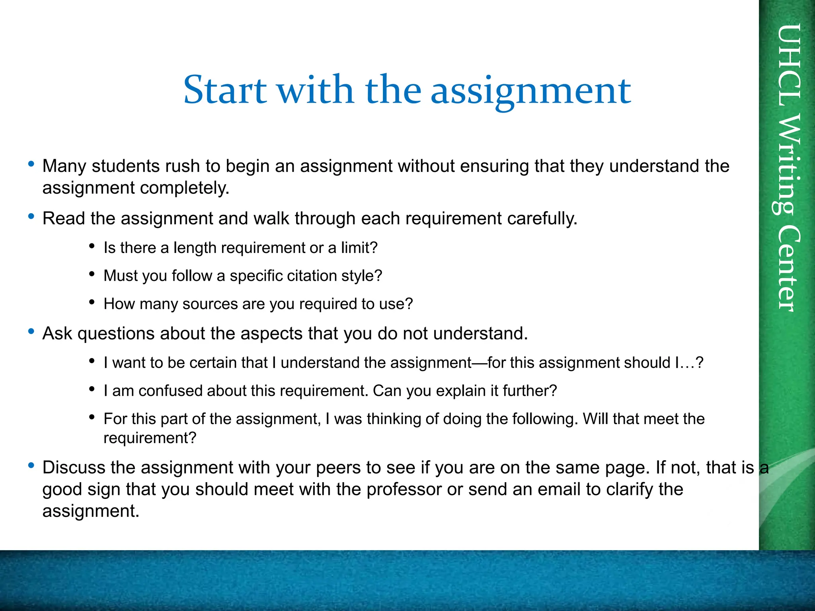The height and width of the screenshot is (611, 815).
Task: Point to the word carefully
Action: click(542, 218)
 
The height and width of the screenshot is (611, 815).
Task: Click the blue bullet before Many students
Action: click(31, 163)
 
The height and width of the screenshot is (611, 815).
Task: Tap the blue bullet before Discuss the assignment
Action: click(31, 465)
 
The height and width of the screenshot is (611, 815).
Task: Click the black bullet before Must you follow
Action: click(92, 274)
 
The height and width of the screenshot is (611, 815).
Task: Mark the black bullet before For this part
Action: click(92, 417)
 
